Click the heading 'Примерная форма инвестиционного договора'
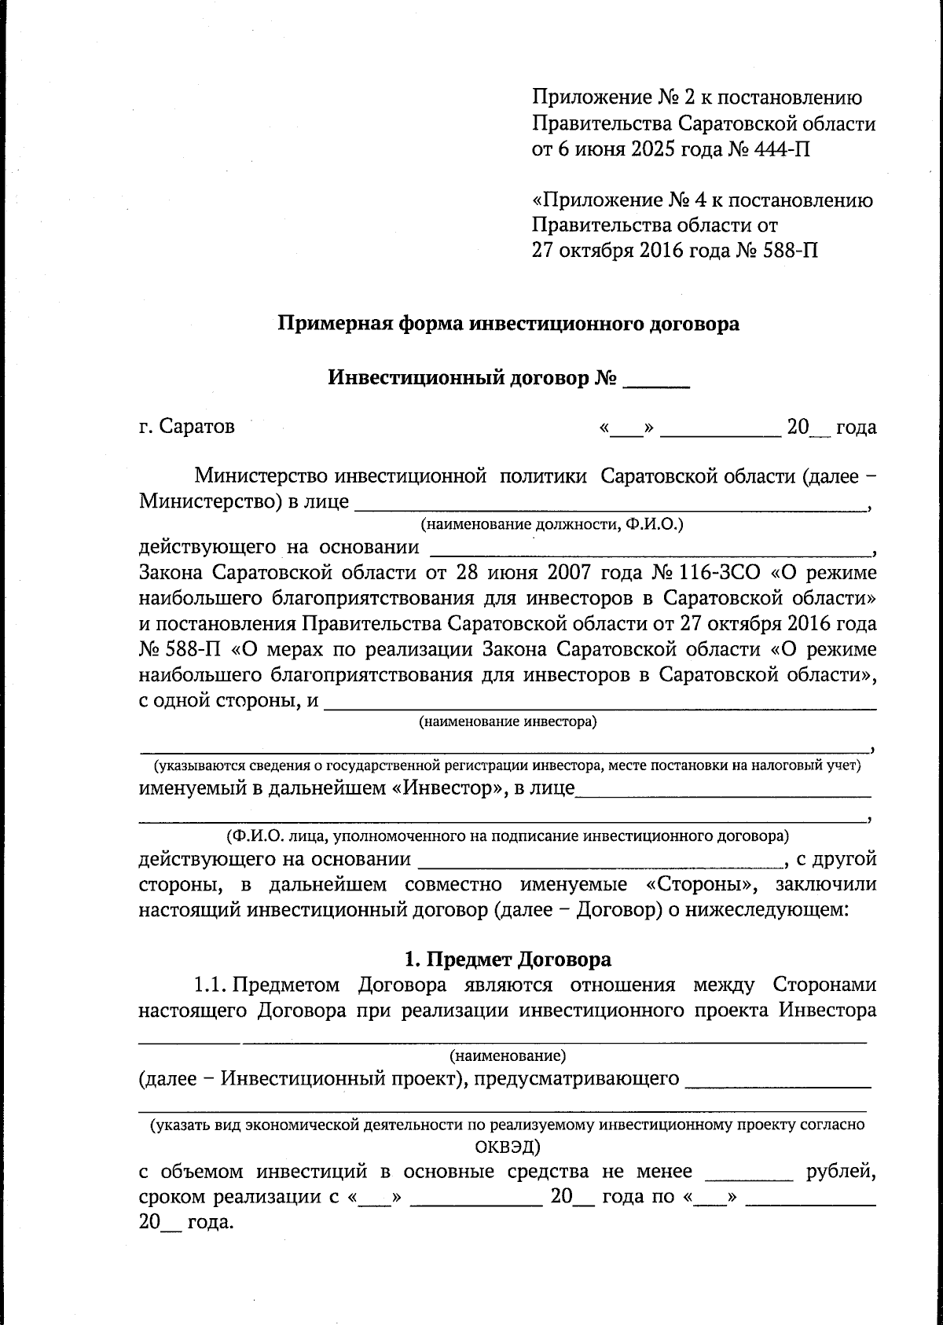point(509,323)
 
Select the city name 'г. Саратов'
point(186,427)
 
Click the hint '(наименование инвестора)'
point(507,721)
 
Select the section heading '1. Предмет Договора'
point(507,959)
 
